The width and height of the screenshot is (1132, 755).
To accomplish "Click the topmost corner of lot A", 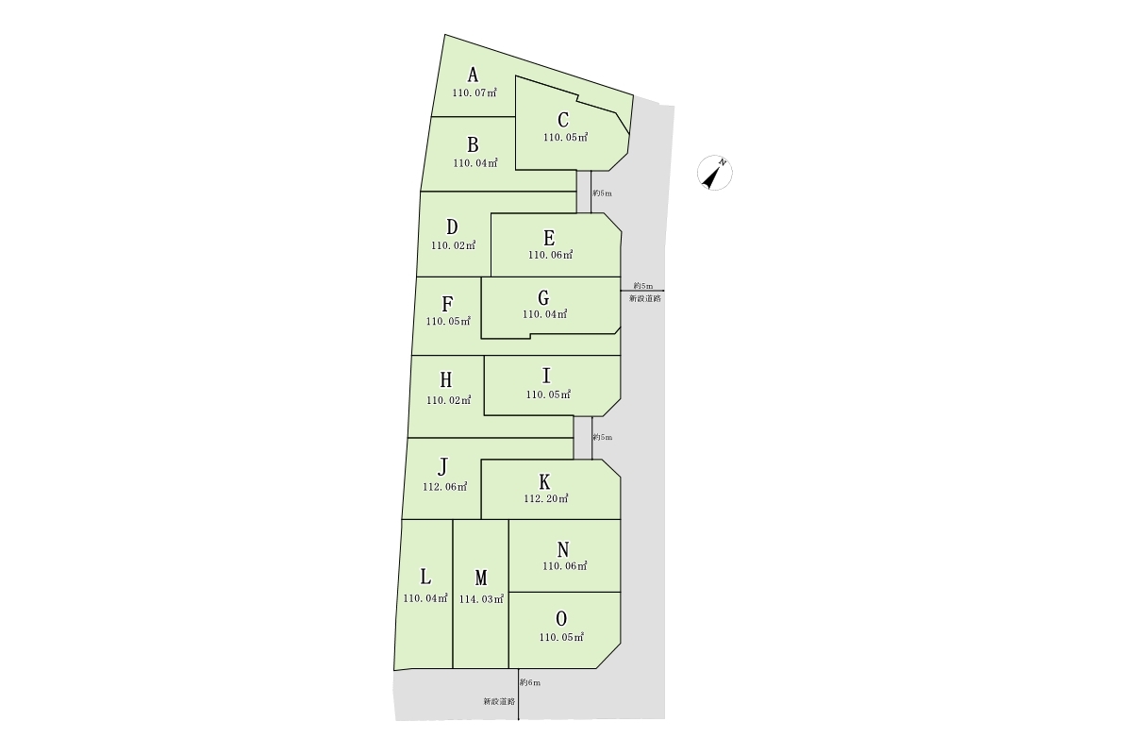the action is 444,34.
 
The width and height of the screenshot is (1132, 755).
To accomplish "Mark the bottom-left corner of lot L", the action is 394,671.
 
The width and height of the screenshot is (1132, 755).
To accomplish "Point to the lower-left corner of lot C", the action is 515,170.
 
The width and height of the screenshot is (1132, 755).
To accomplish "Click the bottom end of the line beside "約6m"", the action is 519,719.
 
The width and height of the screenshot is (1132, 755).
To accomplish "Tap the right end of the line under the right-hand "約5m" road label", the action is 664,291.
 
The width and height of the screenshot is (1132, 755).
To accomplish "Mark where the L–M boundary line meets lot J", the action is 453,519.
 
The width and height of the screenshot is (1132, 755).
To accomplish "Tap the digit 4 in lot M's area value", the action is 472,599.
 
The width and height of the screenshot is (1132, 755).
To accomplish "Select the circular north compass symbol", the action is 715,173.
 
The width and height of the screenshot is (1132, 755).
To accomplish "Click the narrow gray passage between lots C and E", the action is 584,192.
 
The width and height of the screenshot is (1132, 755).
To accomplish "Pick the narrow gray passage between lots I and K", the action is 583,437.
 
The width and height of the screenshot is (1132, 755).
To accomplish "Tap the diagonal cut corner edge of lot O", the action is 608,656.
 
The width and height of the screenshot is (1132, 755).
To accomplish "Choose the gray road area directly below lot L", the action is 424,696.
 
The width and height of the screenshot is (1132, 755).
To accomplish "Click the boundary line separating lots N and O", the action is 564,592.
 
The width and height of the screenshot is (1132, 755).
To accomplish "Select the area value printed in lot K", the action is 546,498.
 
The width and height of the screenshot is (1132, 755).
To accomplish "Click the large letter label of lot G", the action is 543,298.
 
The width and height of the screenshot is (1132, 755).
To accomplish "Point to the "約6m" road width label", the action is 530,682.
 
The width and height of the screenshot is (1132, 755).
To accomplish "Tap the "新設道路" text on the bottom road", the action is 499,701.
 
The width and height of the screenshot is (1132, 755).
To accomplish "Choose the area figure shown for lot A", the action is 474,93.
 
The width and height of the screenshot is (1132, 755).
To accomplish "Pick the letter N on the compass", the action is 723,162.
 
